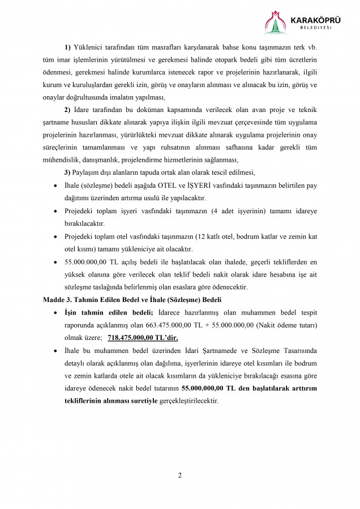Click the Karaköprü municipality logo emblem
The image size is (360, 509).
coord(276,23)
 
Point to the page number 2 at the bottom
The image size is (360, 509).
coord(179,475)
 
